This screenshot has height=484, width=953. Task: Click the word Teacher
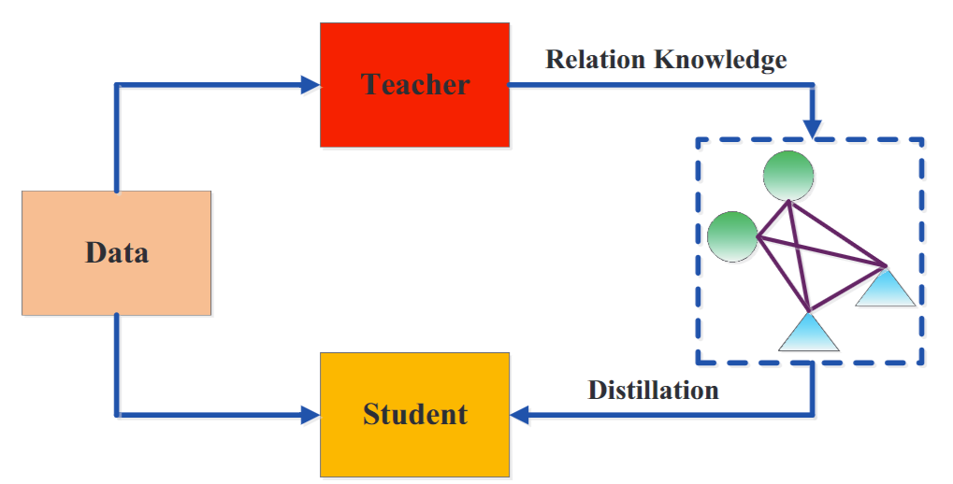[415, 85]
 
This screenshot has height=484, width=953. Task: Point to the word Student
[415, 413]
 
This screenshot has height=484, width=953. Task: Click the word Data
[117, 252]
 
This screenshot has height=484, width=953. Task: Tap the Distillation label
[653, 389]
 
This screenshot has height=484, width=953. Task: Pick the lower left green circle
[732, 236]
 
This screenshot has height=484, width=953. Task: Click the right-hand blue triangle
[885, 288]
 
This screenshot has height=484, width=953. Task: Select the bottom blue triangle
[808, 332]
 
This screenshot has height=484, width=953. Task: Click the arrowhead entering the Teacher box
[310, 85]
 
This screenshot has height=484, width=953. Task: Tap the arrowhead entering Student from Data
[310, 413]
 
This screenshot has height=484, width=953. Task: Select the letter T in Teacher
[371, 85]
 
